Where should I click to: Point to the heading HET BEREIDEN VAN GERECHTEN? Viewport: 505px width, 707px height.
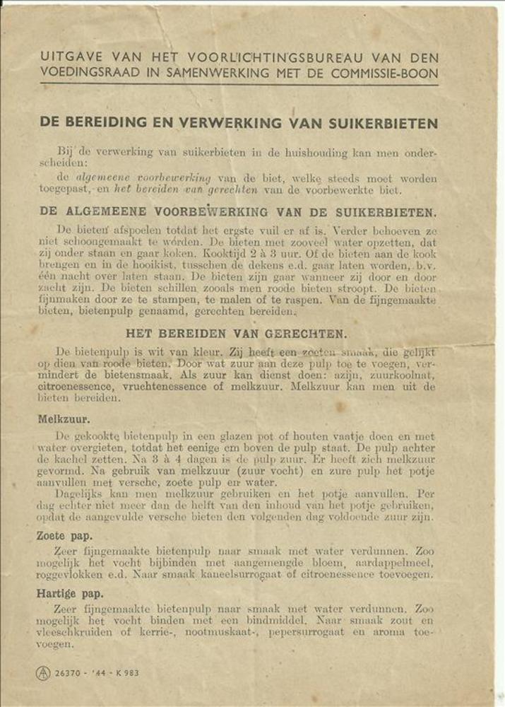pos(237,334)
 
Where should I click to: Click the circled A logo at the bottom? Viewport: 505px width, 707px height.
pos(44,673)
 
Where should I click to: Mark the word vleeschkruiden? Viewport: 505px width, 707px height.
pos(81,632)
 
